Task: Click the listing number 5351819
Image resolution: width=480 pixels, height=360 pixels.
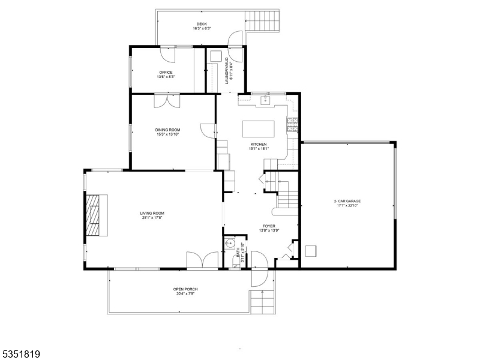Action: tap(21, 354)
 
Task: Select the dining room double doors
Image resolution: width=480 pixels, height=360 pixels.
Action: tap(166, 100)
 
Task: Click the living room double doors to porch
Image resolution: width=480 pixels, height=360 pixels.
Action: tap(202, 260)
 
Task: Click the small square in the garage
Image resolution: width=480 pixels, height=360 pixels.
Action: tap(311, 250)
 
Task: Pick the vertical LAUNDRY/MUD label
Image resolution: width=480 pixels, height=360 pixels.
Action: tap(227, 72)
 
